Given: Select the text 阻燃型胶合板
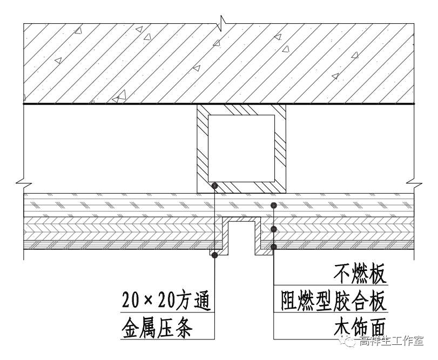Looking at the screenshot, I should pos(334,301).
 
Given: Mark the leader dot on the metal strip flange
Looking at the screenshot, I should pos(215,255).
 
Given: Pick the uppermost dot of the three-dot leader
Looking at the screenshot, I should pos(274,205).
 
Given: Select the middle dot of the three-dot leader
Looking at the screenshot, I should pos(274,229).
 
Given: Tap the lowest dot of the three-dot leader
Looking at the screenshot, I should pos(274,247).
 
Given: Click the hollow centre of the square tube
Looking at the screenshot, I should pos(241,147).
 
